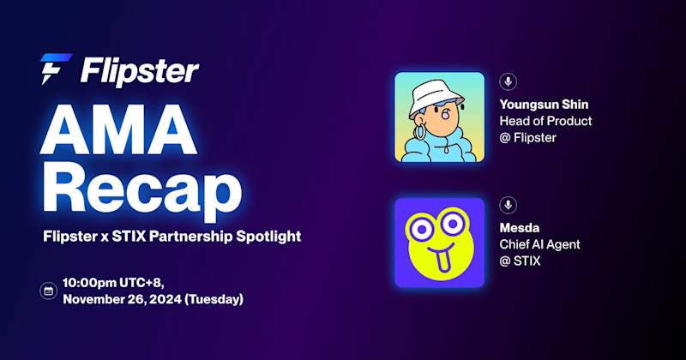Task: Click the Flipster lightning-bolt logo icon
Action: tap(55, 69)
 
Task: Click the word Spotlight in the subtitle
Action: tap(271, 236)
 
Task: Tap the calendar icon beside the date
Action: tap(48, 291)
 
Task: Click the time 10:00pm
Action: tap(92, 282)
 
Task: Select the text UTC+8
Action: tap(147, 282)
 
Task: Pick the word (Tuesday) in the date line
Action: tap(212, 299)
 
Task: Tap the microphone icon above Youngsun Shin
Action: tap(508, 81)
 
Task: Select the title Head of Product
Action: tap(545, 121)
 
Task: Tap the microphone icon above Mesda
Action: tap(508, 205)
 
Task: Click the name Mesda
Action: tap(519, 228)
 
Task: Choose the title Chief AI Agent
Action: tap(539, 244)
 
